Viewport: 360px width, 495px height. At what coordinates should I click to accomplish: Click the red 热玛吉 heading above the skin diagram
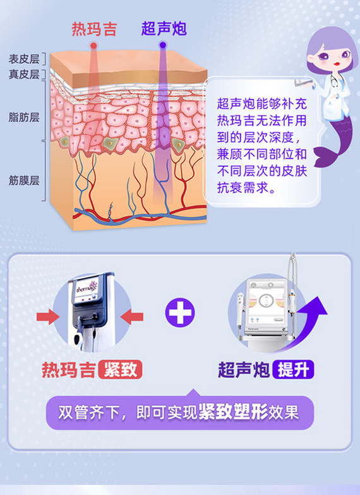94,29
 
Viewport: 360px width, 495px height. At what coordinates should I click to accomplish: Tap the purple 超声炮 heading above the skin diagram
164,28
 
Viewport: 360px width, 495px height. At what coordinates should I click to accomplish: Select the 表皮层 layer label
24,59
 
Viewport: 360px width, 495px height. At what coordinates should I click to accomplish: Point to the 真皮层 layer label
24,74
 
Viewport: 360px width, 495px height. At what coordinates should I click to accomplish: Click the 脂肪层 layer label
24,118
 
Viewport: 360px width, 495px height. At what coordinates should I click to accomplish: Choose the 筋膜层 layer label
24,181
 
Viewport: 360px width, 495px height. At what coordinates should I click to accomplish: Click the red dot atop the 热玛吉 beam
93,46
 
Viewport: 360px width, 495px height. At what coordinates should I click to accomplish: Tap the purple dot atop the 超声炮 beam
163,45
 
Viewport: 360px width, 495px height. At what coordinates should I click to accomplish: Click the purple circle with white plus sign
180,312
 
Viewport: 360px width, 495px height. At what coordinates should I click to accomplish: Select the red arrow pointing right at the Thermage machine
48,317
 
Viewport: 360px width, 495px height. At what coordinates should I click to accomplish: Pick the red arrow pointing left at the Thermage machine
132,317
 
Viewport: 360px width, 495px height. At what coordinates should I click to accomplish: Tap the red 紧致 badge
120,369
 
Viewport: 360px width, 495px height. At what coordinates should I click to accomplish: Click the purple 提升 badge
293,369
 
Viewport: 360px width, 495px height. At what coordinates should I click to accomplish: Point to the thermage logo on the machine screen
87,288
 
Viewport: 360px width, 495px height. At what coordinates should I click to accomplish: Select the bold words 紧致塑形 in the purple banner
233,412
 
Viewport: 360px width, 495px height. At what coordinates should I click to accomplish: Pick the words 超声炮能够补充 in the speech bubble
262,104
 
